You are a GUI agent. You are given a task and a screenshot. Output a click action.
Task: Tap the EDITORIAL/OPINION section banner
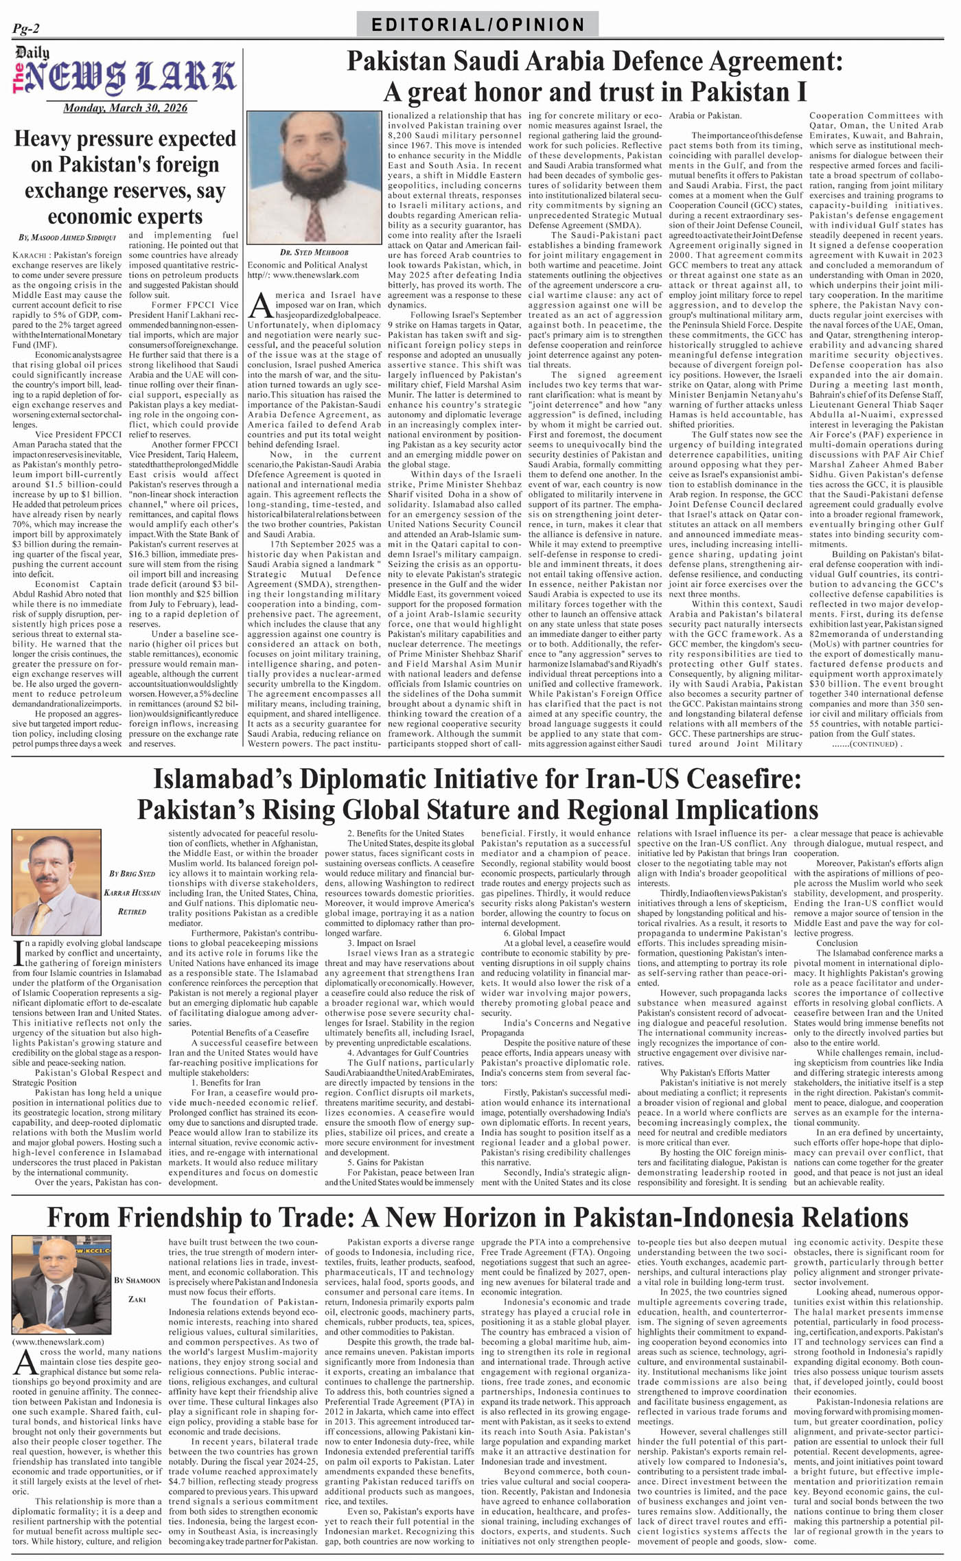[x=478, y=25]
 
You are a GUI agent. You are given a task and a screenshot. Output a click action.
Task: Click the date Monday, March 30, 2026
[x=125, y=108]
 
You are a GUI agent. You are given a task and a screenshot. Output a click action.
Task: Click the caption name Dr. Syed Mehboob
[x=305, y=253]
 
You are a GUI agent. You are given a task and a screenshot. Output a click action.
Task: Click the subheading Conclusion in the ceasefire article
[x=836, y=943]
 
